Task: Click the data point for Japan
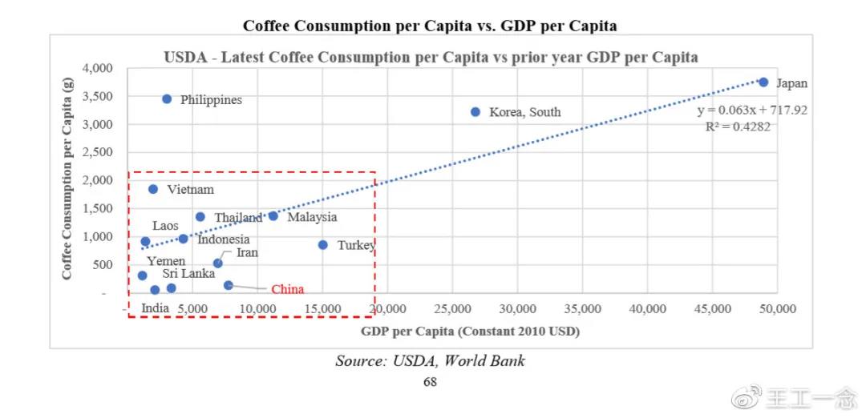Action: click(x=763, y=82)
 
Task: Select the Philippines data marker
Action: click(x=167, y=99)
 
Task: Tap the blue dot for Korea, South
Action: click(x=475, y=112)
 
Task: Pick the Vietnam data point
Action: click(x=153, y=189)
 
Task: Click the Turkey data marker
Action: click(x=323, y=245)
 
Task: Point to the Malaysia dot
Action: click(x=273, y=216)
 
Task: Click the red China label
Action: click(x=287, y=289)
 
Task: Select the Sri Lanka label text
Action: click(x=188, y=274)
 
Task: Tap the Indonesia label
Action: click(x=224, y=239)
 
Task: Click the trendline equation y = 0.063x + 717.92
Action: click(x=752, y=111)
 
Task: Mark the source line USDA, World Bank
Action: click(x=430, y=361)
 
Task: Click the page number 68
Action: click(x=430, y=382)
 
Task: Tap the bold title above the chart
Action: click(x=430, y=26)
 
